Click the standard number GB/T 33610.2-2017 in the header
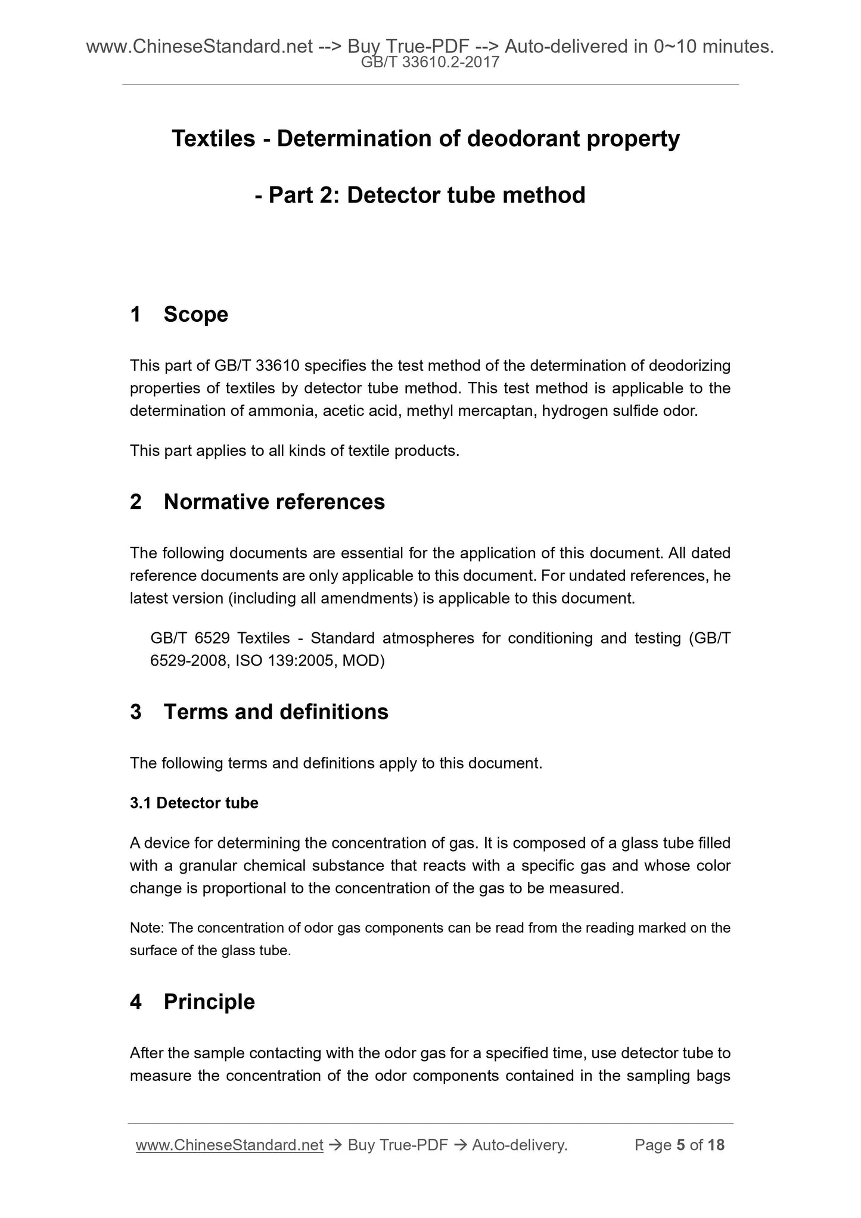[430, 62]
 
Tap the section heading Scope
[195, 314]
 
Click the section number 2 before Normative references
[136, 502]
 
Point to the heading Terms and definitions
[276, 711]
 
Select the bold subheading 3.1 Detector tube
[194, 803]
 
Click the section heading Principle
[209, 1002]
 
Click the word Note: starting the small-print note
[147, 928]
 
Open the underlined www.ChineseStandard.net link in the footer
[229, 1145]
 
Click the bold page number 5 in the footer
[680, 1145]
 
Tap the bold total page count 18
[717, 1145]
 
